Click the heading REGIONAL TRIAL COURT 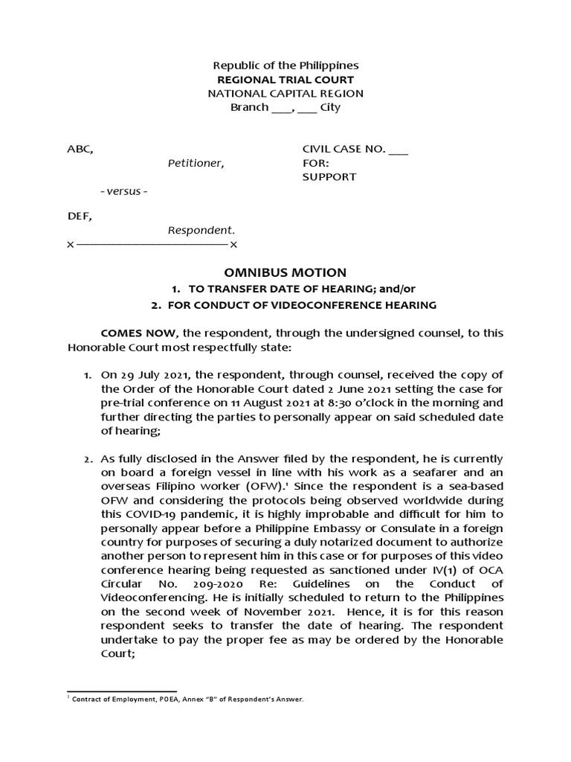(x=285, y=80)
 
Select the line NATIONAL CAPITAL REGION (x=285, y=94)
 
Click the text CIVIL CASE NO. (x=343, y=149)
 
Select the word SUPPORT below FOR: (x=329, y=177)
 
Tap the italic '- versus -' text (x=123, y=191)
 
